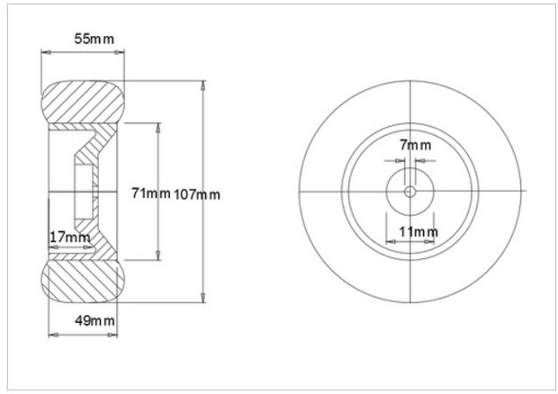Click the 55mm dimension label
coord(94,39)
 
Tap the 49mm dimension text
coord(94,321)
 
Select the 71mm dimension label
coord(151,193)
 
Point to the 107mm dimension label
coord(197,194)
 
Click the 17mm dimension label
coord(69,237)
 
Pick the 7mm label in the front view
coord(415,145)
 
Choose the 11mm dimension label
coord(418,232)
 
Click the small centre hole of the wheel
coord(410,192)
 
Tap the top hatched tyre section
coord(84,102)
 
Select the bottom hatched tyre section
coord(84,282)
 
